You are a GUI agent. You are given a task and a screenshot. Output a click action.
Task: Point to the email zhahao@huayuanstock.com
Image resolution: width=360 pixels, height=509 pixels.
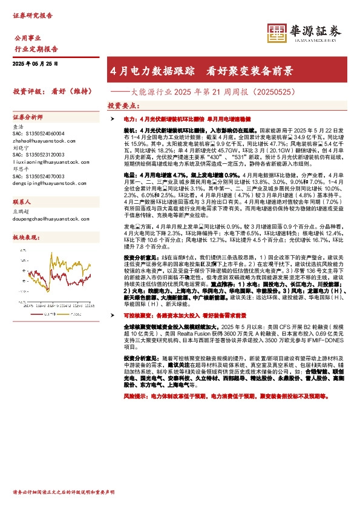tap(38, 138)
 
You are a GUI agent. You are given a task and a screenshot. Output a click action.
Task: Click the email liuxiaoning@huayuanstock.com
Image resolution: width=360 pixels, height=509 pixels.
tap(41, 162)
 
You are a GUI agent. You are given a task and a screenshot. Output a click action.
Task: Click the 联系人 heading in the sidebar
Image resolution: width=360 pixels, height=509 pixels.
tap(22, 203)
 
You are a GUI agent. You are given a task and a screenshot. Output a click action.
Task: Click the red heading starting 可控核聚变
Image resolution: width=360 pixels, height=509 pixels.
tap(184, 333)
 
